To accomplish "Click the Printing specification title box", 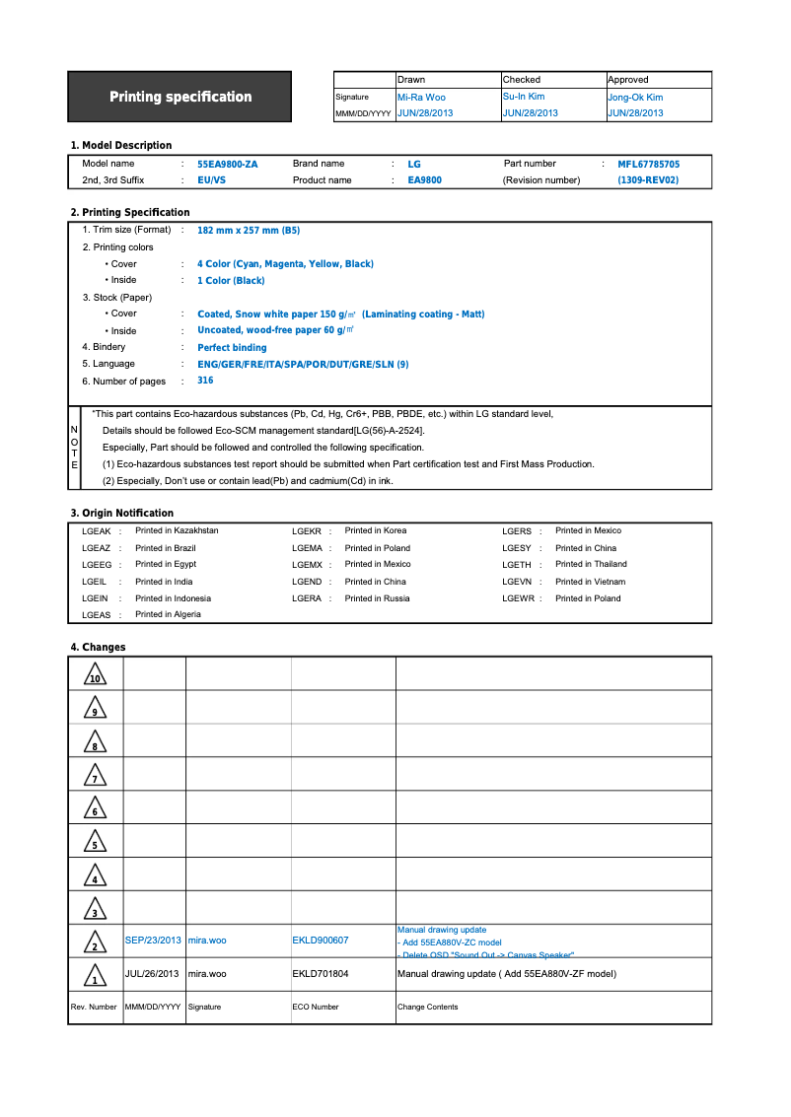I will (x=180, y=97).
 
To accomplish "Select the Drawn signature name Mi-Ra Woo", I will (x=421, y=98).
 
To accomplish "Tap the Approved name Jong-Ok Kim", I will (x=635, y=98).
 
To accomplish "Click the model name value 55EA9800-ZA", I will (x=227, y=165).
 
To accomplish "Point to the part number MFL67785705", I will (x=648, y=165).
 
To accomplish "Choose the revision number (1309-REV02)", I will (x=648, y=180).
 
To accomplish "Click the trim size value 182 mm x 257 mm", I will (x=249, y=230).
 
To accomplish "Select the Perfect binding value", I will (x=232, y=348).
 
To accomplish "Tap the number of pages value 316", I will (x=205, y=381).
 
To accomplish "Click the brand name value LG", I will (x=414, y=165).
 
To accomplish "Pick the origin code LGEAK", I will (x=96, y=531).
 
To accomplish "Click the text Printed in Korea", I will (x=375, y=531).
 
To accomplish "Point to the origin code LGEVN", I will (x=517, y=582).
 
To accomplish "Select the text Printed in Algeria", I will (x=168, y=614).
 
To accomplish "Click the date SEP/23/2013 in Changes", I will (x=153, y=941).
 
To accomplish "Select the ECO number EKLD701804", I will (x=320, y=974).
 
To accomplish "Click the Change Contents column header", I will (x=427, y=1007).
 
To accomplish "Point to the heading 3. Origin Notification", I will (x=121, y=513).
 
